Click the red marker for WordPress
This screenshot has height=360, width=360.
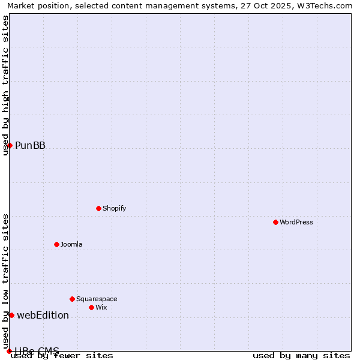275,222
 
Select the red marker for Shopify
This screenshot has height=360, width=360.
98,208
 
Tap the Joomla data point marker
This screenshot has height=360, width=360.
56,244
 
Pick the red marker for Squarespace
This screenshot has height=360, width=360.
72,299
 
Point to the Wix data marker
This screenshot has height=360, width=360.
91,307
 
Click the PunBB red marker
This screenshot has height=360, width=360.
10,145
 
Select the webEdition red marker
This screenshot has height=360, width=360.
11,315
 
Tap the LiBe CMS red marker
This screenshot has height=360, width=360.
9,351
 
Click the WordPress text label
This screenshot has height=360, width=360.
296,222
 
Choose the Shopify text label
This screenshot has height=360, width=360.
114,208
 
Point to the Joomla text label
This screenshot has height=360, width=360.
71,244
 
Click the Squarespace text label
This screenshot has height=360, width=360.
97,299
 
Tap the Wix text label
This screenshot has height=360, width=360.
101,307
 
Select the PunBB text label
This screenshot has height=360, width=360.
30,145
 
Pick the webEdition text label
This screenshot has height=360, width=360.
43,315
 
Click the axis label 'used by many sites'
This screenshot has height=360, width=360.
301,355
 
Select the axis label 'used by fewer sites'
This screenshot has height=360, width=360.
62,355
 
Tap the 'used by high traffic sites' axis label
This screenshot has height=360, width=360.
5,85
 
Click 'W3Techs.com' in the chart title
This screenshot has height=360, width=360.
320,5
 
